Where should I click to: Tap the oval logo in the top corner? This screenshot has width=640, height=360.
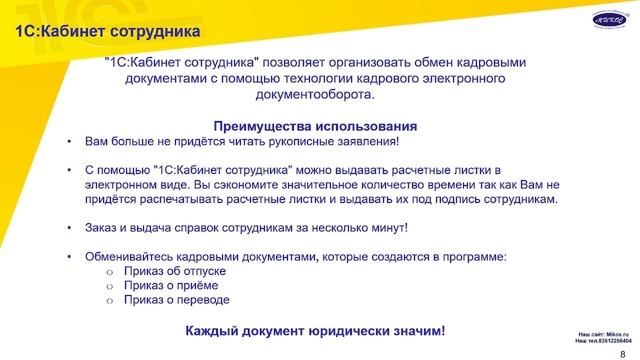(x=607, y=18)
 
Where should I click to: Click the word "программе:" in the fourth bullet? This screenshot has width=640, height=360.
(x=472, y=256)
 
